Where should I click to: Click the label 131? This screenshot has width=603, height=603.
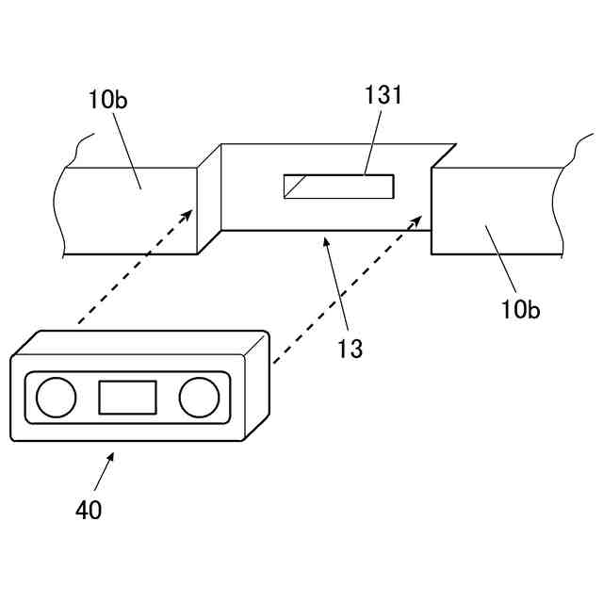383,95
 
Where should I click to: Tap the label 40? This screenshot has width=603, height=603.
89,510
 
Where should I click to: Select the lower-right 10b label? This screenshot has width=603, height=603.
520,308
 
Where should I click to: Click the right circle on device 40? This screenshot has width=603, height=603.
199,397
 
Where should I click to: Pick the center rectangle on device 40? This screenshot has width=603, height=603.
127,397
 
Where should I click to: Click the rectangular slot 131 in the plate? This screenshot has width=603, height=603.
339,187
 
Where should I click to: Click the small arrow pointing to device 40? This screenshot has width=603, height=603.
112,457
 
